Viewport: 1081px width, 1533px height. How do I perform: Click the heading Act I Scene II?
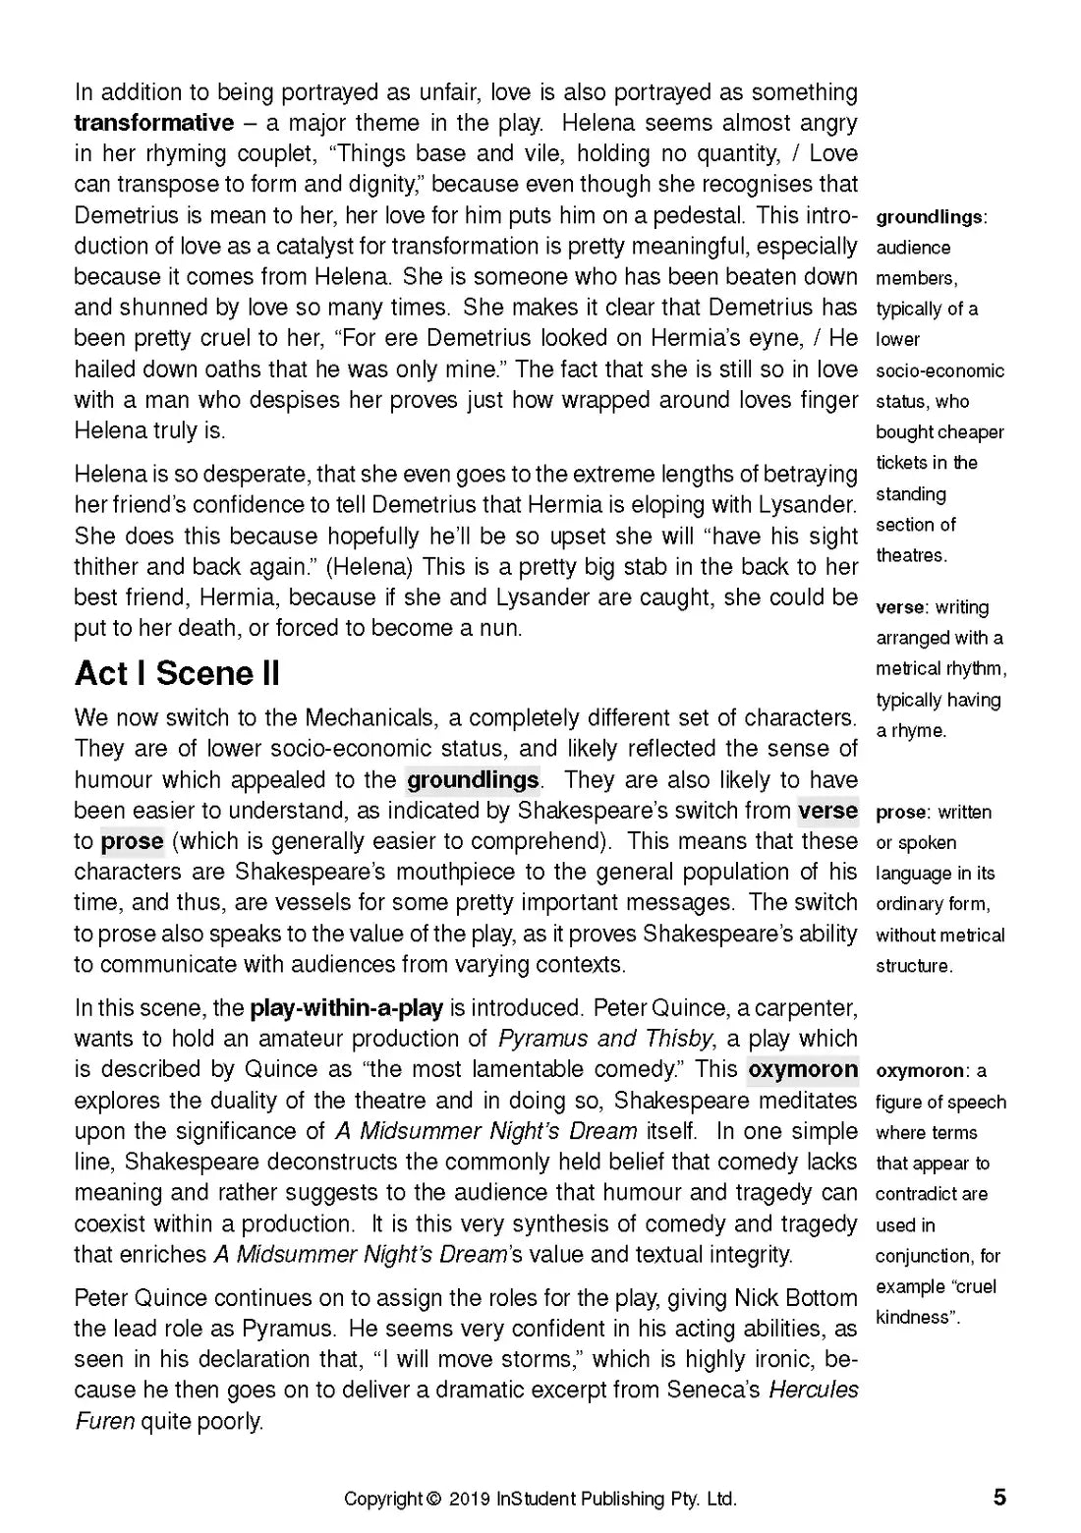[x=177, y=674]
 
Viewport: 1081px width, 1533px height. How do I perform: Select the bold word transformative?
[x=154, y=123]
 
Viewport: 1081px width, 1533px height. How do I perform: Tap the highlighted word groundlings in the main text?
[x=473, y=780]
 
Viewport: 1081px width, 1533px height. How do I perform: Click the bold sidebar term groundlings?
[x=929, y=217]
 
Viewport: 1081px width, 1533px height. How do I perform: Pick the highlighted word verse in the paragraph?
[x=827, y=811]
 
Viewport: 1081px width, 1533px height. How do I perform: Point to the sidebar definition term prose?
[x=901, y=813]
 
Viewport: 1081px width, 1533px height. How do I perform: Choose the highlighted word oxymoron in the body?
[x=802, y=1069]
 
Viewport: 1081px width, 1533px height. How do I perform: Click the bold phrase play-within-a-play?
[x=347, y=1008]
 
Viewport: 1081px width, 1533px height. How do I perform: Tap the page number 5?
[x=999, y=1498]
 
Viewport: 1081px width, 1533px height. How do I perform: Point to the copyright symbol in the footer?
[x=433, y=1500]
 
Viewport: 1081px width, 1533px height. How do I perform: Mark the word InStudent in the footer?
[x=537, y=1500]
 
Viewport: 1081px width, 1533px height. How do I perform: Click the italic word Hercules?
[x=814, y=1391]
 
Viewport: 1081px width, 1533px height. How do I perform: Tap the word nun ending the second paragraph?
[x=500, y=629]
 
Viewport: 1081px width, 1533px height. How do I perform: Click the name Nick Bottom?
[x=796, y=1298]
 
